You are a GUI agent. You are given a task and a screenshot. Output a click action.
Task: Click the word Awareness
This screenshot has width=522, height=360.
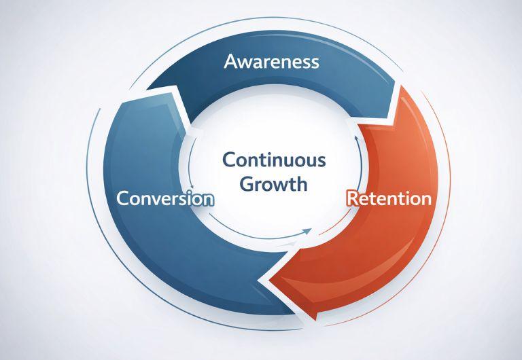[271, 62]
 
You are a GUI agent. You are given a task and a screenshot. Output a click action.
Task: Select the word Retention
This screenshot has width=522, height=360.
[389, 199]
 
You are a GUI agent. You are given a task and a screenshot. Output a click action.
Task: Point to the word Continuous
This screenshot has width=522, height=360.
[274, 161]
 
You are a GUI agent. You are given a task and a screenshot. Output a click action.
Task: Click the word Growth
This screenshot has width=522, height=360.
[273, 183]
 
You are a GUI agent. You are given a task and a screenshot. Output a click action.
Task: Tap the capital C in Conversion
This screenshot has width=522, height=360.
[123, 199]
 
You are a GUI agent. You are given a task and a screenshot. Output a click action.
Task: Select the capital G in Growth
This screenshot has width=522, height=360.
[247, 183]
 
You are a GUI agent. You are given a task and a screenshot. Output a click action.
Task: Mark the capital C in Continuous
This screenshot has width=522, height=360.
[230, 161]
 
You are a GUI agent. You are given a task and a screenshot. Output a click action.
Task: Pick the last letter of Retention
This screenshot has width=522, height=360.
[425, 200]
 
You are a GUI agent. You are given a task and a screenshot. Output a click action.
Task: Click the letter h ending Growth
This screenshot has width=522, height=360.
[301, 183]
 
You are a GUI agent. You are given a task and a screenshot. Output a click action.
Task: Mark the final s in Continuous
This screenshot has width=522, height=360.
[321, 162]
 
